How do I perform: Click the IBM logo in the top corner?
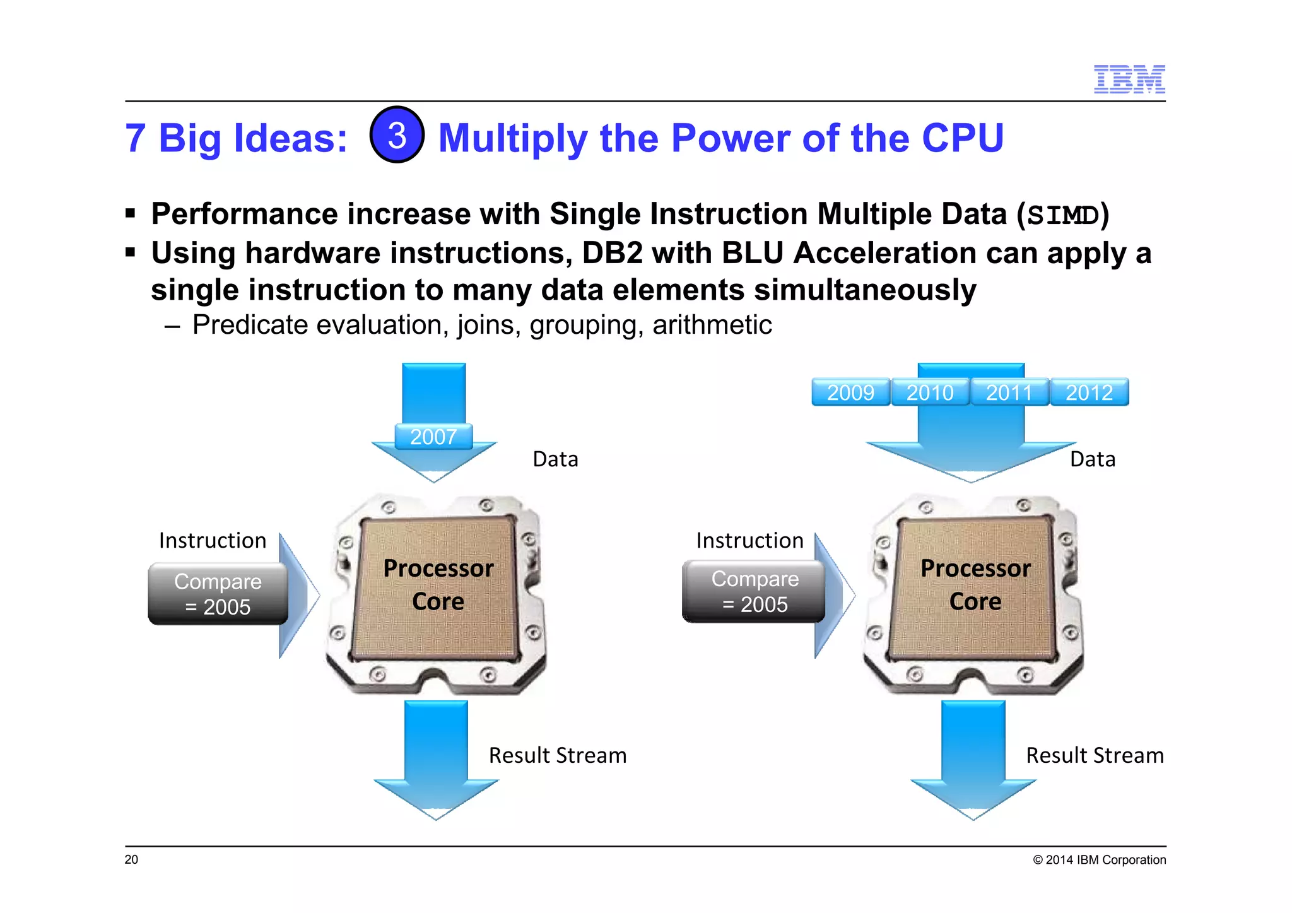click(1129, 79)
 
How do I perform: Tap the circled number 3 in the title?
click(397, 135)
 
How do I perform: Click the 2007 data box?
click(433, 437)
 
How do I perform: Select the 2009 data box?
click(850, 392)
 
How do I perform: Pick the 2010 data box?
click(930, 392)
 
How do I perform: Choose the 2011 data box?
click(1009, 392)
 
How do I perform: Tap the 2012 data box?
click(1089, 392)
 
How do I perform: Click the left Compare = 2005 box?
click(218, 594)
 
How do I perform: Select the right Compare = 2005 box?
click(755, 591)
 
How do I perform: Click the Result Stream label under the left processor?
click(558, 755)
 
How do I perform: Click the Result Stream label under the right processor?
click(1095, 755)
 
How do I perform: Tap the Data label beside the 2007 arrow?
click(555, 459)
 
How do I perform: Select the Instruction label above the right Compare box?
click(749, 541)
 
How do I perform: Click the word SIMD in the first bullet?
click(1064, 215)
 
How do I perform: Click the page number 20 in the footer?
click(131, 859)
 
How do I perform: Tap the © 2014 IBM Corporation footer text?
click(1099, 860)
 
